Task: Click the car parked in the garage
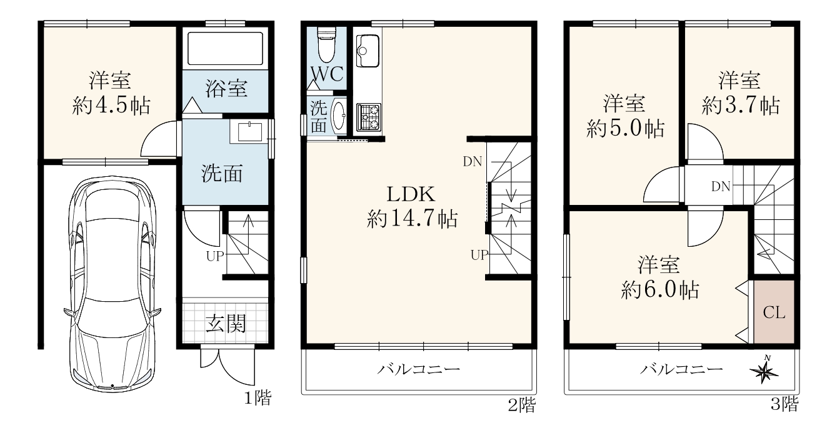pos(113,284)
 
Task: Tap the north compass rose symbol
pos(764,371)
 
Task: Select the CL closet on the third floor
pos(774,312)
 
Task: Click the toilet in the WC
pos(326,44)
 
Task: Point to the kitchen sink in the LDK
pos(368,51)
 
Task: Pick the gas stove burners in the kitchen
pos(368,117)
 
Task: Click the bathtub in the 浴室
pos(225,49)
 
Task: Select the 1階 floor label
pos(258,398)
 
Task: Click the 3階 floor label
pos(785,404)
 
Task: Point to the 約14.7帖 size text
pos(412,219)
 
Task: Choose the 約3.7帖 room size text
pos(741,106)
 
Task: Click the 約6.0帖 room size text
pos(660,289)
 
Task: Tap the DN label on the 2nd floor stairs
pos(473,161)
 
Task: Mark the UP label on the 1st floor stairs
pos(215,256)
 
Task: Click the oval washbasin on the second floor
pos(339,116)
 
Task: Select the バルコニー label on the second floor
pos(419,370)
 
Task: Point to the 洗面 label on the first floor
pos(223,173)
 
